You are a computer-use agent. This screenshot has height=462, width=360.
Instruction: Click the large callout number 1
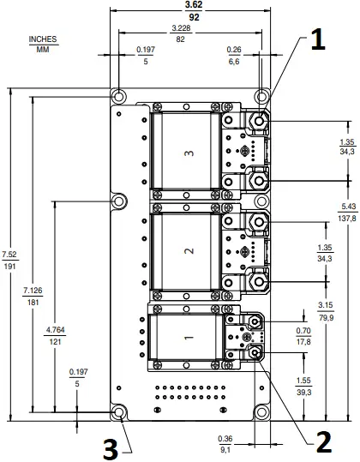[316, 40]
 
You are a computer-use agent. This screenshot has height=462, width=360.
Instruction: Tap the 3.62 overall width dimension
[194, 5]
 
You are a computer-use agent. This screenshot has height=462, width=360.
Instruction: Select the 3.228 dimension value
[194, 29]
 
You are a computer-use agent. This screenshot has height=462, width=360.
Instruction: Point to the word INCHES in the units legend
[42, 39]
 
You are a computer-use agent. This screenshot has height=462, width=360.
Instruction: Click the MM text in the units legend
[42, 49]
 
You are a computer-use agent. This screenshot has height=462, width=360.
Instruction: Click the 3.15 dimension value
[325, 304]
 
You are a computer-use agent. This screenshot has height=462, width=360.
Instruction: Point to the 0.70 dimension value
[325, 330]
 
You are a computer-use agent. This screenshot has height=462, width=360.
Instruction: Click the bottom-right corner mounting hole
[261, 413]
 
